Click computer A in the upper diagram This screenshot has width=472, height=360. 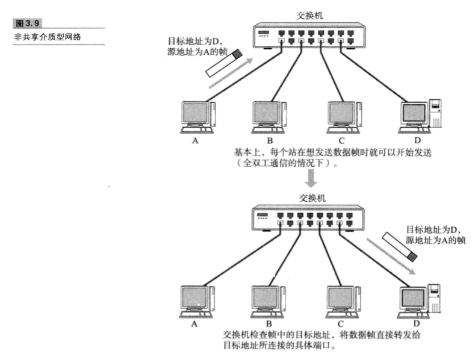tap(196, 117)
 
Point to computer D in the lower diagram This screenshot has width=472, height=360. tap(422, 298)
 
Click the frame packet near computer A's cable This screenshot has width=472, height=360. tap(223, 63)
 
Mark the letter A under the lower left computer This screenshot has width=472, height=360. tap(194, 323)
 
